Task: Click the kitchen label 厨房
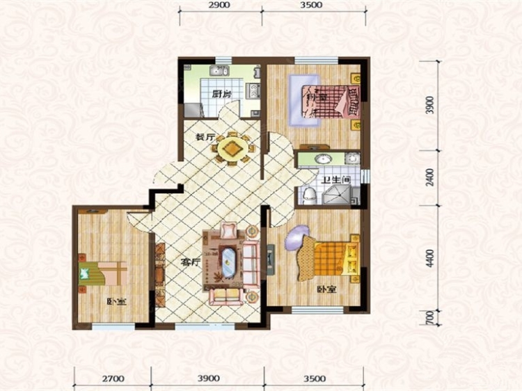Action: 222,94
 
